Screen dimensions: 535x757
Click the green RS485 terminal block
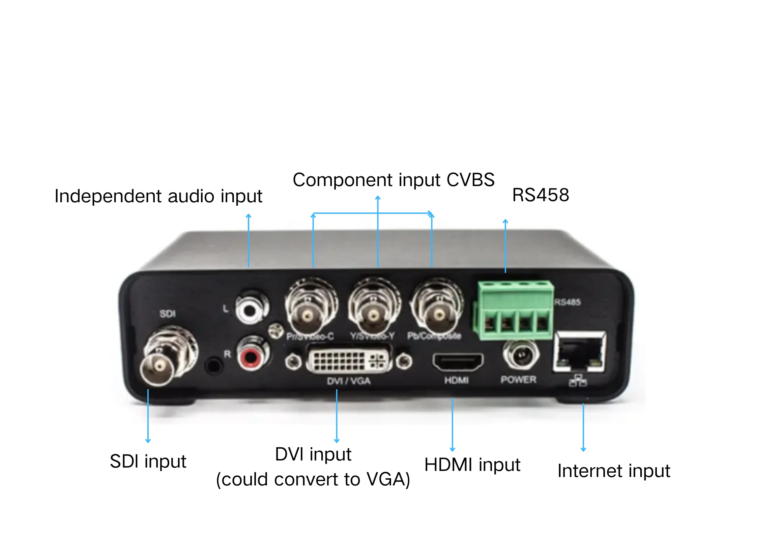(x=514, y=310)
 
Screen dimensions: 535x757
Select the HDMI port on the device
(x=458, y=362)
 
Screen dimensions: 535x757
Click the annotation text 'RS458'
(x=541, y=195)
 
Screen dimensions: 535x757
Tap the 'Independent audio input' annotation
(x=158, y=196)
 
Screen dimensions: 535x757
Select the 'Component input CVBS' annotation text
(x=393, y=180)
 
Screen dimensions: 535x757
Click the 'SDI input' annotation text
(x=148, y=461)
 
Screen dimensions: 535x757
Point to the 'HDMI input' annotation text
(x=472, y=465)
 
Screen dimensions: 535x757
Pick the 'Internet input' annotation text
(x=614, y=471)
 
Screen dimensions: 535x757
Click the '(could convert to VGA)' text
(x=313, y=479)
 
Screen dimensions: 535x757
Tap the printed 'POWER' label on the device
(x=518, y=380)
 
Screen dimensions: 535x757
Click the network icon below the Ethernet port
(x=578, y=381)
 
